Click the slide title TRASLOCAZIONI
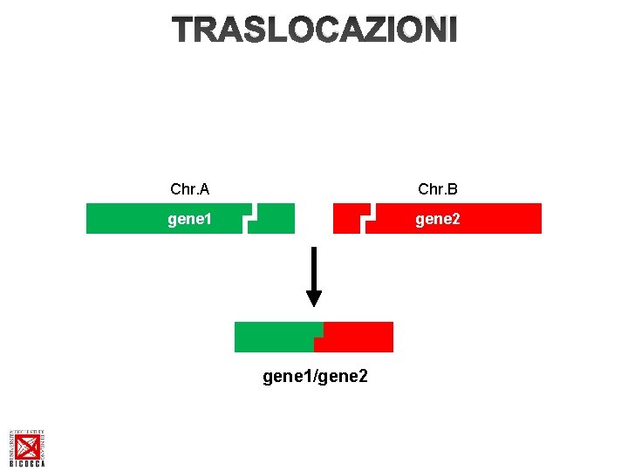click(x=314, y=31)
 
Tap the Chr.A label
click(x=189, y=189)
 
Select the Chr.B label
click(x=438, y=189)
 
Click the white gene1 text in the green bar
click(x=190, y=219)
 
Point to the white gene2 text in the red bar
click(x=438, y=219)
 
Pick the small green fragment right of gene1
click(x=276, y=219)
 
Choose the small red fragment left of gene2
click(x=348, y=219)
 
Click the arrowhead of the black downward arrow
click(x=314, y=298)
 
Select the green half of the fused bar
click(x=277, y=337)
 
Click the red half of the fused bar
click(x=359, y=337)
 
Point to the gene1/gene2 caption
click(x=315, y=376)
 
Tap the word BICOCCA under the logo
click(x=27, y=464)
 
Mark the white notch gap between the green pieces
click(x=251, y=218)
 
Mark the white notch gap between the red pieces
click(x=367, y=218)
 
